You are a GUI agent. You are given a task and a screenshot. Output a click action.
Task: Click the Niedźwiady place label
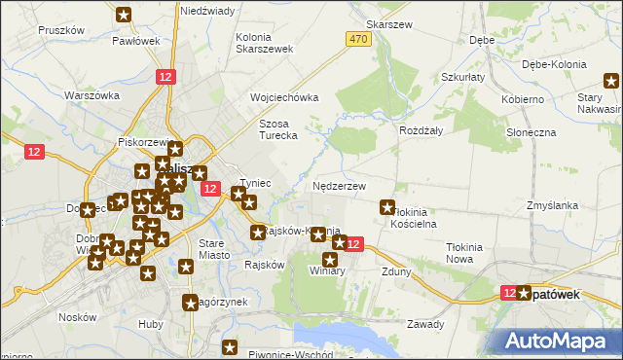[207, 10]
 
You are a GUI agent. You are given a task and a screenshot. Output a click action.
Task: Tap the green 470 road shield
[357, 38]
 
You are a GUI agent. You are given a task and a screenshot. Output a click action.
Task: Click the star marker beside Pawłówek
[125, 15]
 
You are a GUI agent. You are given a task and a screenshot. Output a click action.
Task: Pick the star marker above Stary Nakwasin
[611, 79]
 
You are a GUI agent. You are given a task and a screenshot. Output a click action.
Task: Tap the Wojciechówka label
[284, 98]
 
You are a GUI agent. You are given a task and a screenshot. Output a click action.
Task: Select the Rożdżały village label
[421, 129]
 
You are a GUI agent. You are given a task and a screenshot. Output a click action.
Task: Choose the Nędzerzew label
[339, 185]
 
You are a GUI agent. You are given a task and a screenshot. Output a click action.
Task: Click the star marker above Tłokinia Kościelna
[387, 206]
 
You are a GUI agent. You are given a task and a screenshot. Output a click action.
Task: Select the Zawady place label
[425, 324]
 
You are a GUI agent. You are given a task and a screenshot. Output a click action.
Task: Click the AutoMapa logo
[557, 340]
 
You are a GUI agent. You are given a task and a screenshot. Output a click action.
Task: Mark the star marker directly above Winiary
[330, 260]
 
